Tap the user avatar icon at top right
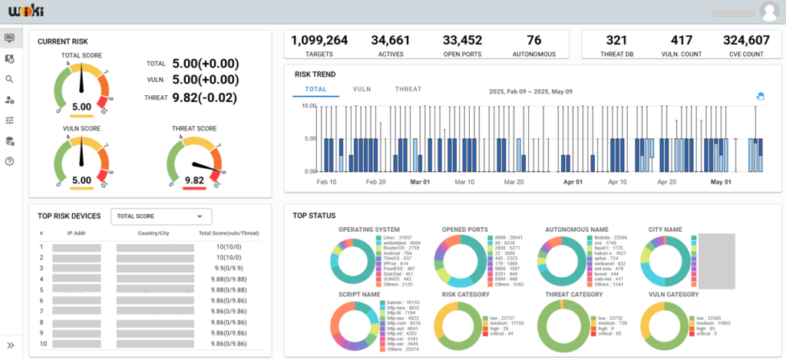pos(768,12)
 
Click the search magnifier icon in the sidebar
pos(10,79)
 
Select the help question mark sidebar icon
pos(10,161)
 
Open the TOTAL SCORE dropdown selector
pos(160,217)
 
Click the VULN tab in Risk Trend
pos(362,90)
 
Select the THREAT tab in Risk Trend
pos(408,90)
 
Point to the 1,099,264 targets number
pos(319,41)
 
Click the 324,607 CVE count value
pos(746,41)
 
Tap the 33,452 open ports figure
pos(462,41)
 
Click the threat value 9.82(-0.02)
pos(205,97)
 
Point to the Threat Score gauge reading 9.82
pos(194,180)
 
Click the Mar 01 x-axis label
pos(420,183)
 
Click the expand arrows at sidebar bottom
pos(10,345)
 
